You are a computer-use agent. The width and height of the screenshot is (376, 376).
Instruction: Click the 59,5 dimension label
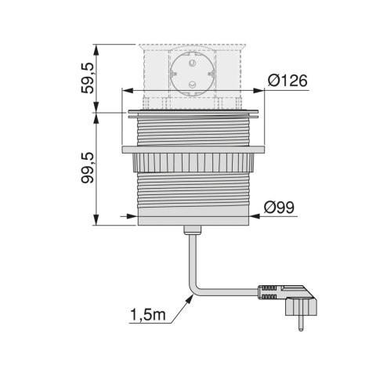click(87, 78)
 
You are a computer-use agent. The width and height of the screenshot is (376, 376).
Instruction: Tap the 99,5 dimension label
click(87, 168)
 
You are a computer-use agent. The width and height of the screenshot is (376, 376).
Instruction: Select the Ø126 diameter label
click(287, 81)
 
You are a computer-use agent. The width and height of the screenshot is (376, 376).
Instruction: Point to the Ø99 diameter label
click(279, 208)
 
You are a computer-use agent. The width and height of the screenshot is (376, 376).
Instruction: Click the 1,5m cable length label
click(147, 315)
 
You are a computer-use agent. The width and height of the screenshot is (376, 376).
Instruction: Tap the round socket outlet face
click(193, 73)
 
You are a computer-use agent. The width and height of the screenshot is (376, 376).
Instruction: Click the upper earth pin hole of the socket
click(193, 63)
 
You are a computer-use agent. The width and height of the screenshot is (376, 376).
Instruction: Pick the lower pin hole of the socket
click(193, 85)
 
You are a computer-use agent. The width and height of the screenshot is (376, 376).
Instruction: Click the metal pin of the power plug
click(301, 322)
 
